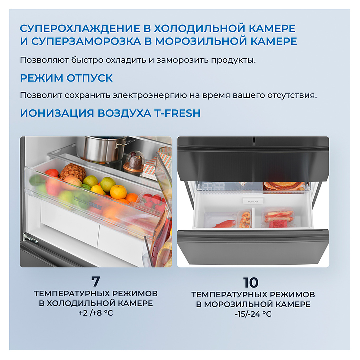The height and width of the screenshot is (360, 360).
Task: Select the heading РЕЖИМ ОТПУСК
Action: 66,78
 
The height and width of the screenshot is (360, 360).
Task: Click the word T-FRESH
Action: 177,113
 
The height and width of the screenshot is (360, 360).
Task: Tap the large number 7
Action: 96,281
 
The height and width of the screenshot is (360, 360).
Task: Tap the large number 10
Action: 251,282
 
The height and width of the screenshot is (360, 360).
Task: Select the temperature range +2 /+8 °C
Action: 96,313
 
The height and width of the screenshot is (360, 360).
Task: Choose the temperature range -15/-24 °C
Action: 253,314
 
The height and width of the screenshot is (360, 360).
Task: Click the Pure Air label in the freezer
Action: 253,201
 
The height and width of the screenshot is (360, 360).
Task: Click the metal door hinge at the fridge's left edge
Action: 30,239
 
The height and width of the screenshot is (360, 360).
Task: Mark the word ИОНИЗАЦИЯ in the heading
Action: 57,113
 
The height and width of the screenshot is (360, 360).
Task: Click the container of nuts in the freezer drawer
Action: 245,219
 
